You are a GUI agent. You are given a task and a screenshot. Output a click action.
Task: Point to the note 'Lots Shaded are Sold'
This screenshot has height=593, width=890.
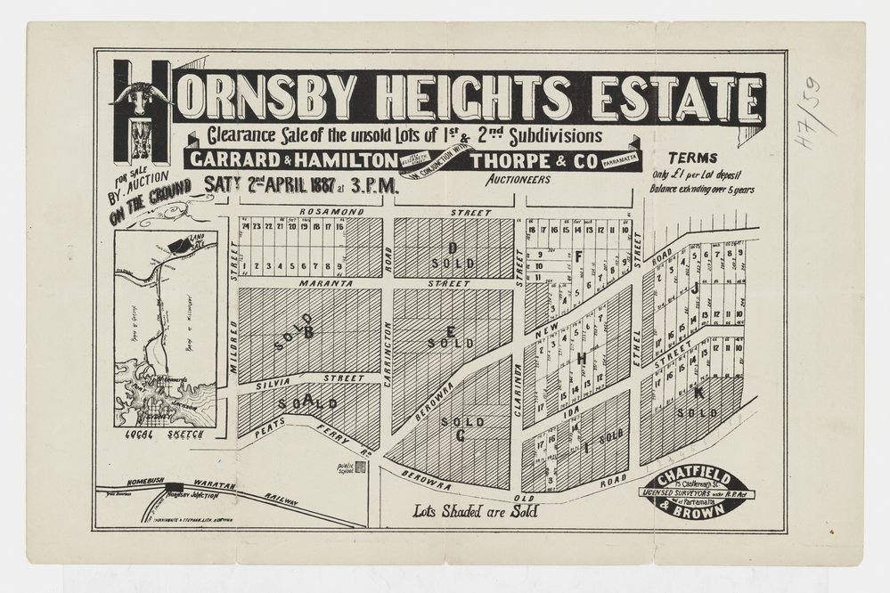(x=475, y=511)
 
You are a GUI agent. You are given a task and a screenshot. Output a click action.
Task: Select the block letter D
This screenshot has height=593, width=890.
(x=453, y=247)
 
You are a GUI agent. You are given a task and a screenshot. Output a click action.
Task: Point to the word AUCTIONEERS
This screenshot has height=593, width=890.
(x=518, y=179)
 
